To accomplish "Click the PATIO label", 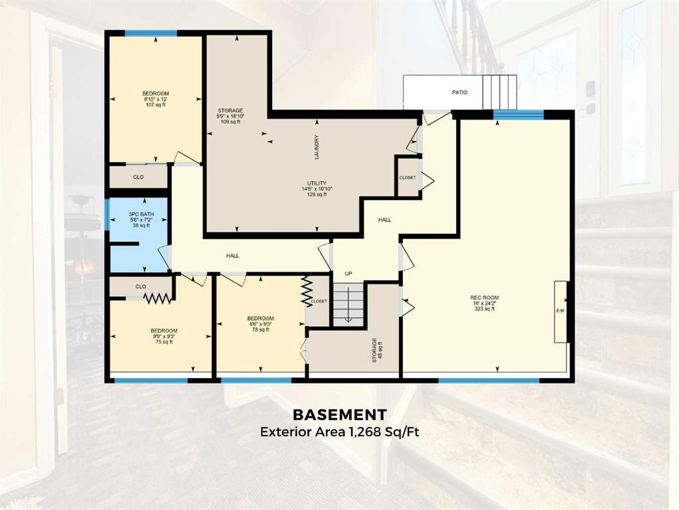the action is point(459,92).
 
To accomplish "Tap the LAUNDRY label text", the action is point(317,147).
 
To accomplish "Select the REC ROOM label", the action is point(485,297).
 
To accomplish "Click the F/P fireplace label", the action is point(560,311).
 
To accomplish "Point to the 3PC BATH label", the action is point(141,214).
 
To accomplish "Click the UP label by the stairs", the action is point(348,274).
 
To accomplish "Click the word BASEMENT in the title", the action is point(340,414).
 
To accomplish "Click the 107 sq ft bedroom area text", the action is point(155,104).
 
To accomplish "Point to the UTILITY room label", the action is point(317,183).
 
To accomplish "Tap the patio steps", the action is point(500,92).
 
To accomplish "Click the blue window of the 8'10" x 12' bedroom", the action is point(151,33).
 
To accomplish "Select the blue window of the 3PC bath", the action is point(107,214).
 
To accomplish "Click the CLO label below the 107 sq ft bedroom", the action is point(138,177).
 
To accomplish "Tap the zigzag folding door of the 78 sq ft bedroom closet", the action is point(307,292).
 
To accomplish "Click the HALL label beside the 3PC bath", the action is point(232,256).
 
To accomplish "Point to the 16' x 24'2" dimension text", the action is point(485,303).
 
